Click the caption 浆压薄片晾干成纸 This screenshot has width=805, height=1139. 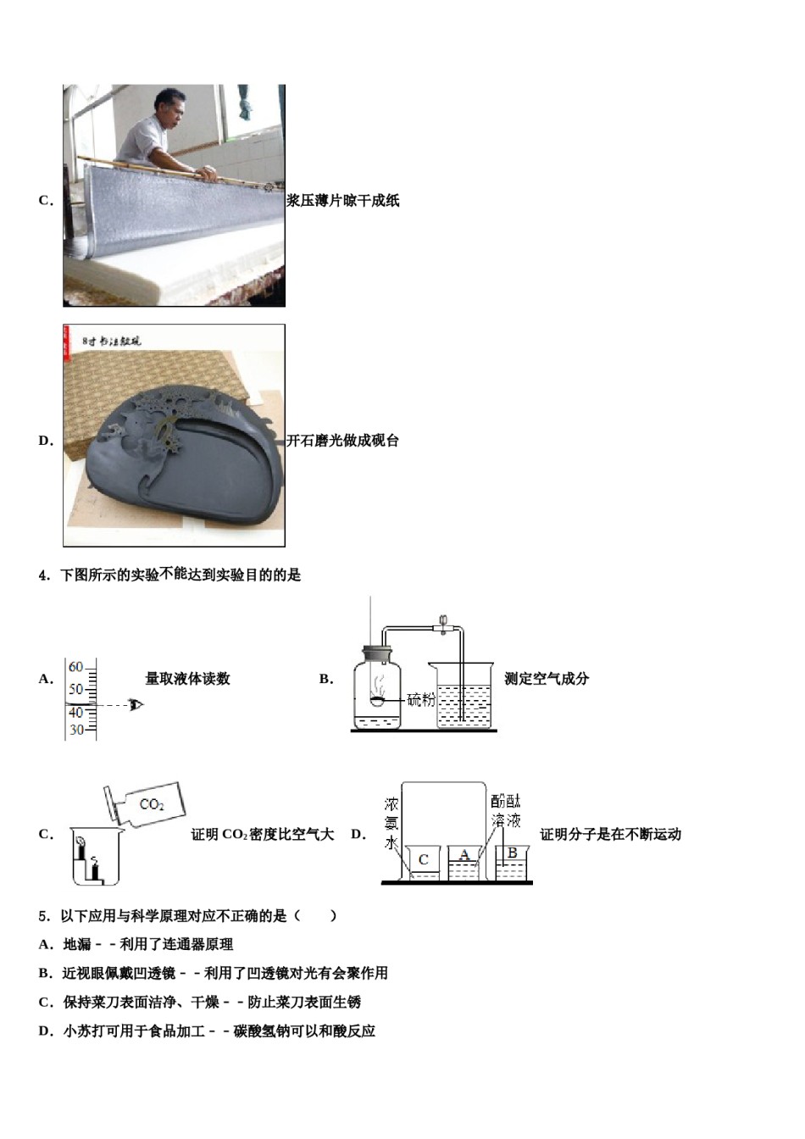point(342,201)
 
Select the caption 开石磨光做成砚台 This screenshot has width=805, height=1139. point(342,441)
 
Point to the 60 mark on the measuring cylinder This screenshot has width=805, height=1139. point(76,668)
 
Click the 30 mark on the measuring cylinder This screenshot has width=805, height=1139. point(76,730)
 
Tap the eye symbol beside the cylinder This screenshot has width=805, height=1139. point(136,704)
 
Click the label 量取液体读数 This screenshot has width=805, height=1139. point(187,679)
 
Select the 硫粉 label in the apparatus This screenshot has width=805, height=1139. point(420,700)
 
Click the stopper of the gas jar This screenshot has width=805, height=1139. point(376,654)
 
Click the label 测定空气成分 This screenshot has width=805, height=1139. point(546,679)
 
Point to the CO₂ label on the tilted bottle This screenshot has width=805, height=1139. point(152,804)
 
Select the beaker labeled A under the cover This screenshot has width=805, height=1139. point(464,861)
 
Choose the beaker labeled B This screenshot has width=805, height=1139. point(512,858)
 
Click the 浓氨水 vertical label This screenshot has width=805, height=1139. point(391,823)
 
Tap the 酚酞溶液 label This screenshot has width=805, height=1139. point(506,811)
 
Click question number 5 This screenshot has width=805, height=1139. point(43,916)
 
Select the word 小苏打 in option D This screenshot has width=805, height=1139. point(83,1031)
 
